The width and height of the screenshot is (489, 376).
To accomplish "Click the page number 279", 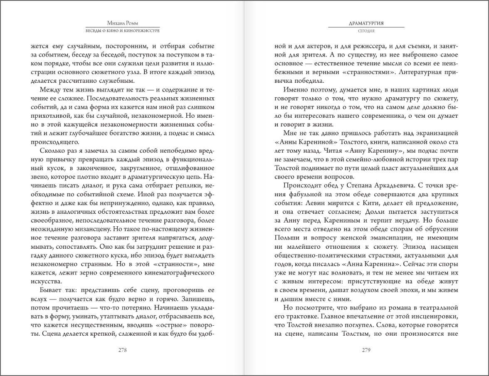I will point(366,350).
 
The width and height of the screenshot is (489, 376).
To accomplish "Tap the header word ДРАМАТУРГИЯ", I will point(366,24).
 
